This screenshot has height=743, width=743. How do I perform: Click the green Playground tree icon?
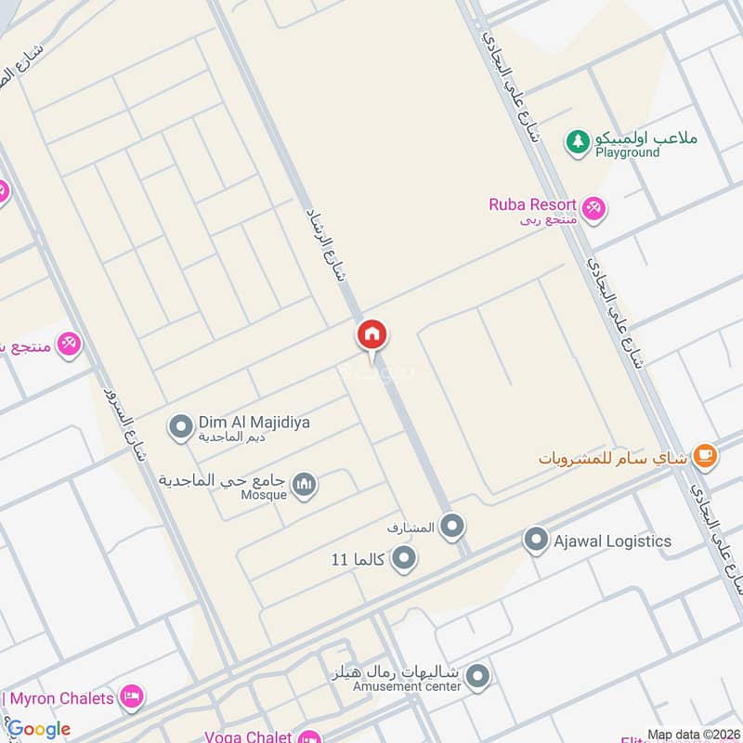pos(579,141)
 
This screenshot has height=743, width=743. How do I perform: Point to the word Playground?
pos(628,152)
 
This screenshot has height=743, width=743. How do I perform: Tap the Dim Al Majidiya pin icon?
pos(179,427)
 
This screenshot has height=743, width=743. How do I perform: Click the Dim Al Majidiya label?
pos(254,423)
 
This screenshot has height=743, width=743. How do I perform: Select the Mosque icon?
pos(305,484)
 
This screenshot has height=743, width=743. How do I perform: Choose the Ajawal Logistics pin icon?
pos(536,541)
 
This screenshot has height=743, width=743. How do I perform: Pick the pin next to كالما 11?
pos(403,559)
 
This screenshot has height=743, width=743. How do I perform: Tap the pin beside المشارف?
pos(452,528)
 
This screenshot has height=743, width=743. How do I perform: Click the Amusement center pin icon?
pos(477,675)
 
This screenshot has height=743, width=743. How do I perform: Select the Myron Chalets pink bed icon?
pos(133,697)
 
